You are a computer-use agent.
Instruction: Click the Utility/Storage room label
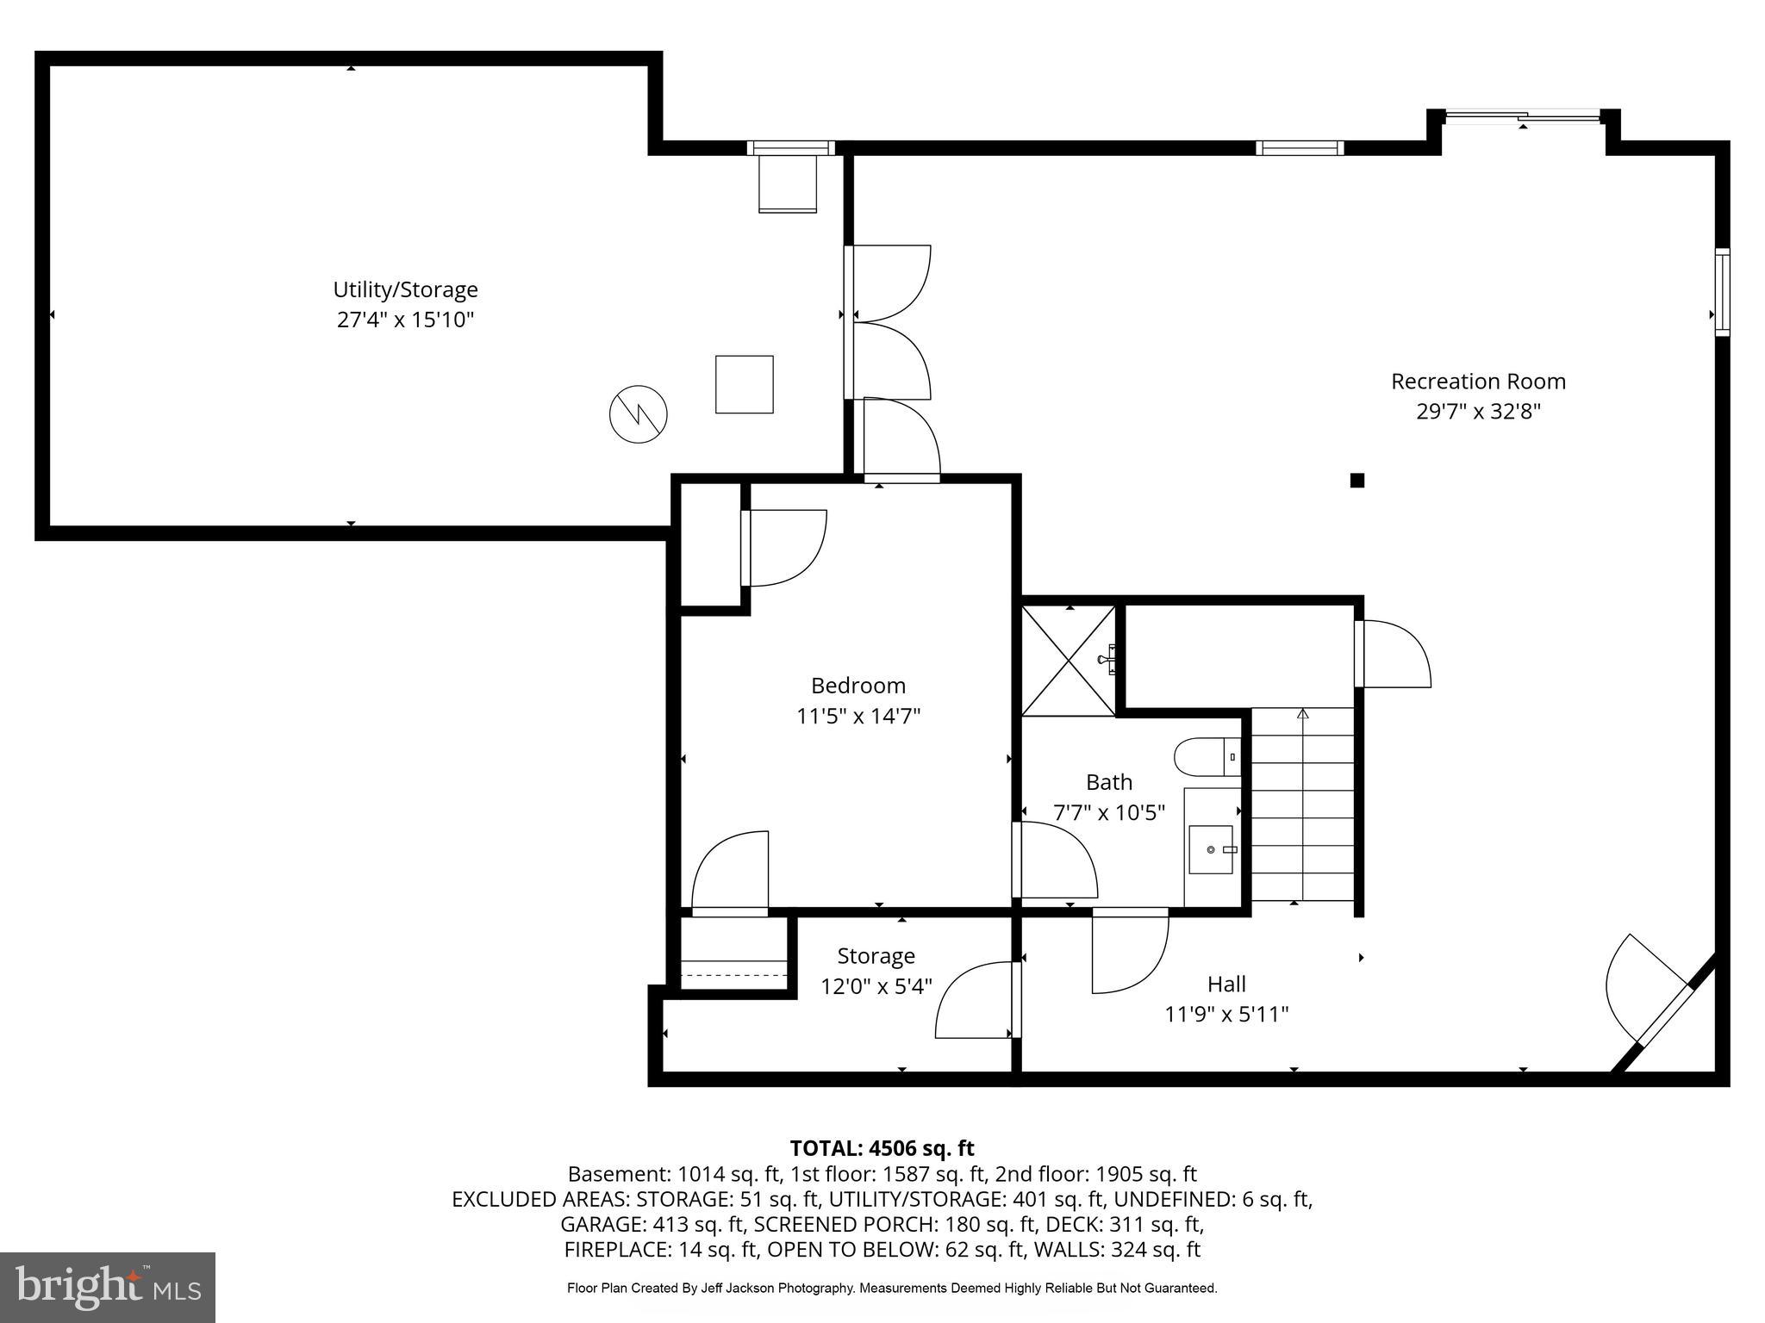coord(405,289)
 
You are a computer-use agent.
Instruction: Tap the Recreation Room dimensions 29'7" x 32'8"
coord(1478,412)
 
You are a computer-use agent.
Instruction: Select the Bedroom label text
coord(858,686)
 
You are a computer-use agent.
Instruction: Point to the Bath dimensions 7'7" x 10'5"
coord(1109,812)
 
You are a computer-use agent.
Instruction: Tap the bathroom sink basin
coord(1211,849)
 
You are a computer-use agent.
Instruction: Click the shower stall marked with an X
coord(1069,661)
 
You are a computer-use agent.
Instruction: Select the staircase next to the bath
coord(1302,804)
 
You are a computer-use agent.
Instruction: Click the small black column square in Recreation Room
coord(1357,481)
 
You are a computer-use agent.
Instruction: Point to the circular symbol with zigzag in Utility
coord(639,414)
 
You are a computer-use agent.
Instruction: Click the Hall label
coord(1226,984)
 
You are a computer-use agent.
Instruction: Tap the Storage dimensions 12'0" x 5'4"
coord(876,986)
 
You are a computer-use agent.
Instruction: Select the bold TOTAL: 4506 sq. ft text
coord(882,1148)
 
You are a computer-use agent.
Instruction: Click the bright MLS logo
coord(108,1287)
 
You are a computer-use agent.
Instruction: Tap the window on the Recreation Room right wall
coord(1721,292)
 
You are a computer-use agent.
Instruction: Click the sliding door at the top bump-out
coord(1522,116)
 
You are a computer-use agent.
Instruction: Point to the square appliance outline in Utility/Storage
coord(744,384)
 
